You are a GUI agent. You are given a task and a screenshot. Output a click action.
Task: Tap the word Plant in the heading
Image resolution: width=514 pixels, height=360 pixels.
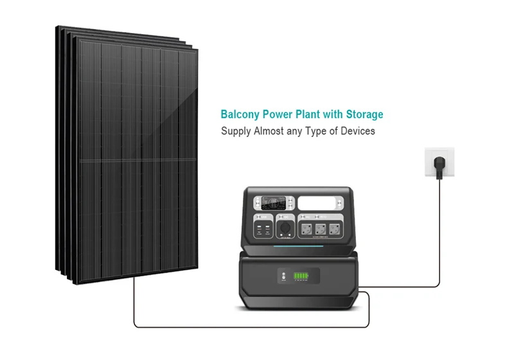[x=302, y=115]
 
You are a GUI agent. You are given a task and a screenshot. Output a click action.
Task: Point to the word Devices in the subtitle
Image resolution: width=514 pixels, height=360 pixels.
[x=357, y=131]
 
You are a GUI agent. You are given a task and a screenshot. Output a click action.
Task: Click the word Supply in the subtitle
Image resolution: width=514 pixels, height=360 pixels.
[x=235, y=131]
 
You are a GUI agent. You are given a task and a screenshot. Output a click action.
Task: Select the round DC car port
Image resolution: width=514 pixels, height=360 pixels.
[x=284, y=229]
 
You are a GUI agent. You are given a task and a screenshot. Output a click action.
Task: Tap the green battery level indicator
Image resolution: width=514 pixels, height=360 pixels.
[x=301, y=276]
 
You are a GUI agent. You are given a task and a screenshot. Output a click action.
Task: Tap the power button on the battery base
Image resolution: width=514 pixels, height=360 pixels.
[x=283, y=276]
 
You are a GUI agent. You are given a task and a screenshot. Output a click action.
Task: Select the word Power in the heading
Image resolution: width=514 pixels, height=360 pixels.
[x=272, y=115]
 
